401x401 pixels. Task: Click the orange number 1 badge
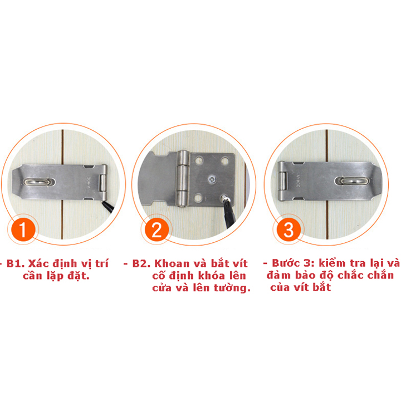(22, 229)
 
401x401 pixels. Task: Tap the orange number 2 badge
(157, 229)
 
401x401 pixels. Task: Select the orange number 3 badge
(288, 230)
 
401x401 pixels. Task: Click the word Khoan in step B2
(172, 263)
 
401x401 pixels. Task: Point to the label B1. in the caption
(16, 263)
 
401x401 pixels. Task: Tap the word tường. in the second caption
(232, 288)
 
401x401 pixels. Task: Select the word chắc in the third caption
(351, 275)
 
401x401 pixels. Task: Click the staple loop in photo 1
(39, 182)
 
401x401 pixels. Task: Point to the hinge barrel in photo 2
(183, 178)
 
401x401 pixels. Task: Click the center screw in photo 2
(212, 179)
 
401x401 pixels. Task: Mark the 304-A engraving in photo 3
(298, 180)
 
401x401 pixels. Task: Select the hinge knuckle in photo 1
(102, 183)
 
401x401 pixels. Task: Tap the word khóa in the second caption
(211, 276)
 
